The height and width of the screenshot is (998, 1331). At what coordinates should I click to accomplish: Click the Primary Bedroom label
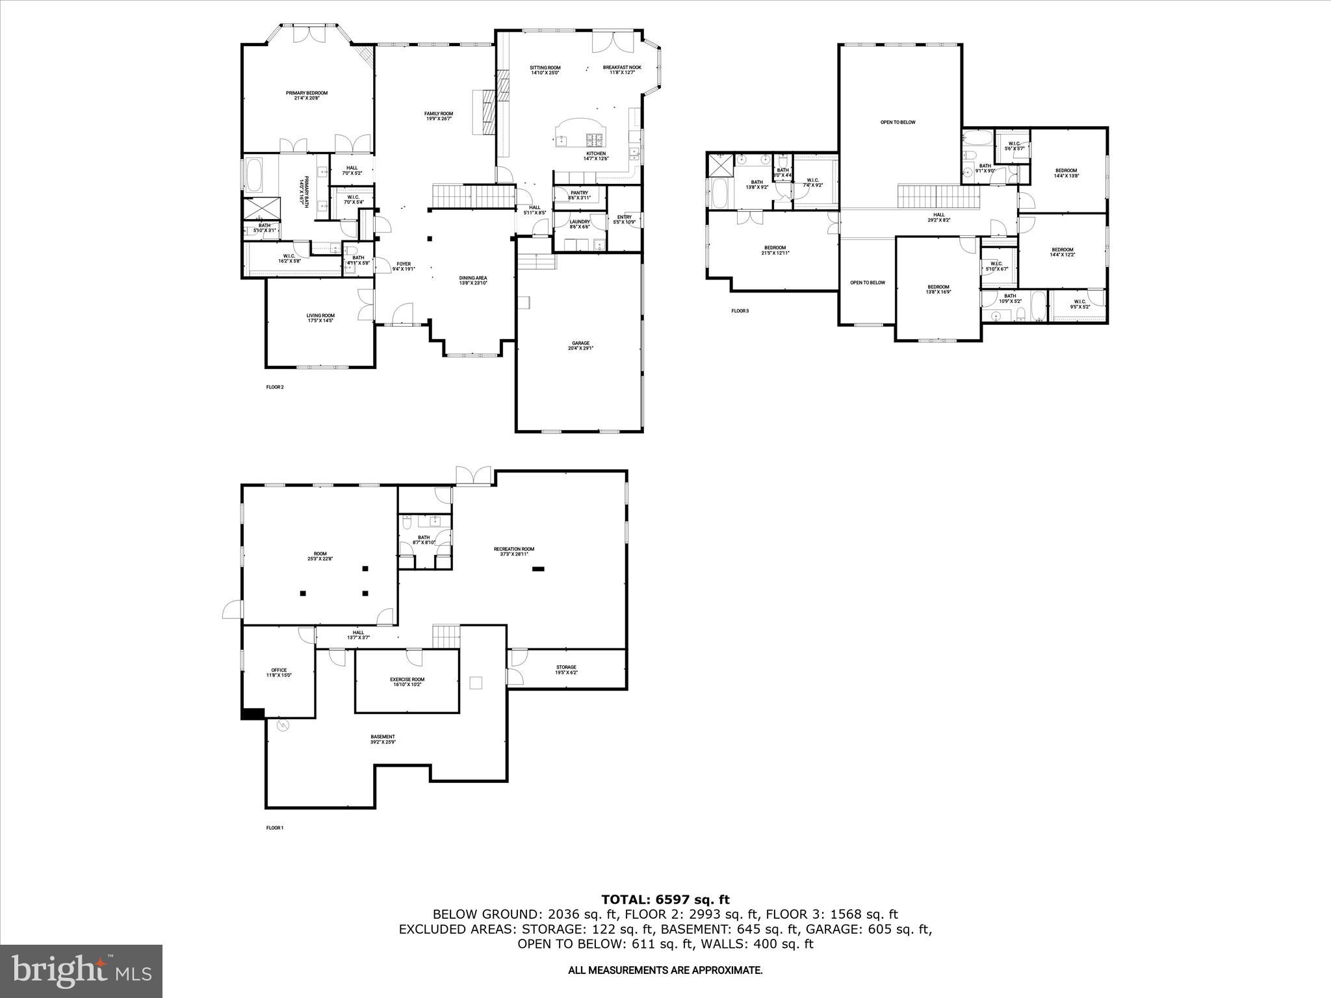coord(307,95)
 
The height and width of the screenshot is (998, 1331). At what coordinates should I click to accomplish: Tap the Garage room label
coord(580,345)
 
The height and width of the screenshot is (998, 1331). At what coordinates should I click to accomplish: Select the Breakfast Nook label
coord(622,70)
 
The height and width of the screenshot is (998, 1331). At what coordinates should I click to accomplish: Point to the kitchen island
coord(580,134)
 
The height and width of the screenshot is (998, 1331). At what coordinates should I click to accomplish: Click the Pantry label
coord(578,195)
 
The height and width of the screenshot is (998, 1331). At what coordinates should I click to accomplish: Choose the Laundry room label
coord(579,224)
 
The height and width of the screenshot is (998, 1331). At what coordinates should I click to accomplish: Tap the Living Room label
coord(320,318)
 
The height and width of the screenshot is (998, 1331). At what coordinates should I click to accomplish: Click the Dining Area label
coord(473,279)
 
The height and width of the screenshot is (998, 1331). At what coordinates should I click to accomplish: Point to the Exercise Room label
coord(407,682)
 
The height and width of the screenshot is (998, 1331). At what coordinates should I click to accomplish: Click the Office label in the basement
coord(279,672)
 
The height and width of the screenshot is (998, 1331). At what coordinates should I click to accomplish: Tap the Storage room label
coord(566,669)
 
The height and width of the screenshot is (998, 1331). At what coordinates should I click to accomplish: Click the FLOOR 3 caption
coord(740,311)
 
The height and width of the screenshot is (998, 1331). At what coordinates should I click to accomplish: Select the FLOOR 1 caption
coord(275,828)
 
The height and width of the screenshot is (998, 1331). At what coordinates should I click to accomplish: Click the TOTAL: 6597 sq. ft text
coord(665,900)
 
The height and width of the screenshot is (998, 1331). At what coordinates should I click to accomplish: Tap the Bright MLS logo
coord(81,971)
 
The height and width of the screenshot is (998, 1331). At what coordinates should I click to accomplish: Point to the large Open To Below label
coord(898,122)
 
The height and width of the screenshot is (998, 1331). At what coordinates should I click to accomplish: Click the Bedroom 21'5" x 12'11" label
coord(775,249)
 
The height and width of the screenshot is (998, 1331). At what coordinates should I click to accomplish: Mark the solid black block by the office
coord(253,713)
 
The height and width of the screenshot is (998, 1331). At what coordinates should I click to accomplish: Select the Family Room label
coord(439,116)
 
